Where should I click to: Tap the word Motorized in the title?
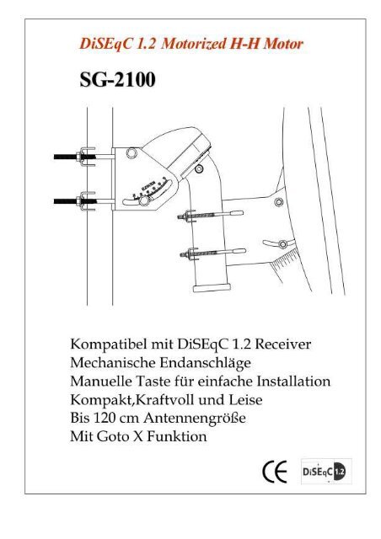point(189,40)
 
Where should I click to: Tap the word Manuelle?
point(105,382)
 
